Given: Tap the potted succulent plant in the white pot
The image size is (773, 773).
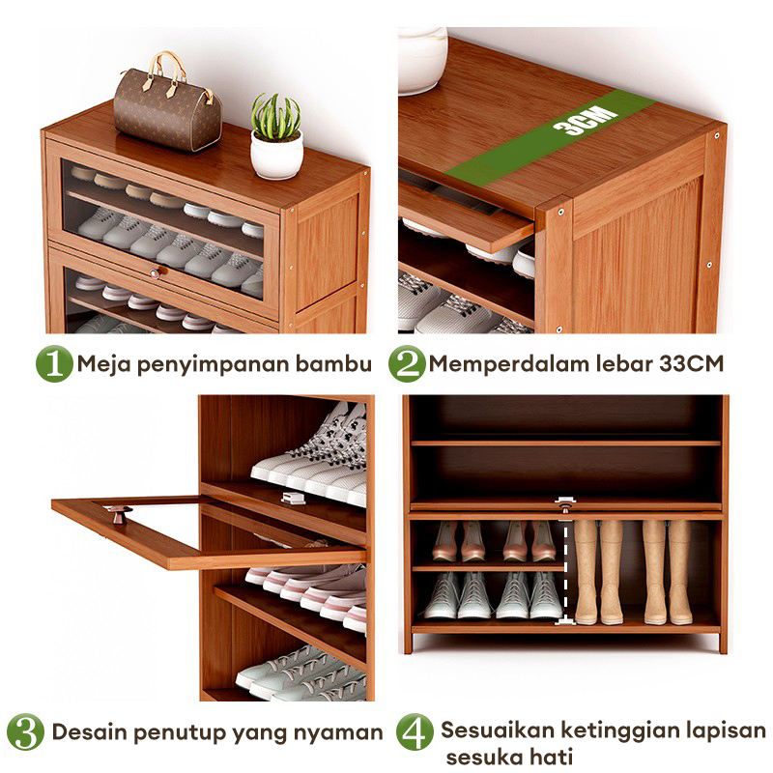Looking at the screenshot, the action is click(276, 136).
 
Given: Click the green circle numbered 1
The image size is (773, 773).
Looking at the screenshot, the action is click(54, 364).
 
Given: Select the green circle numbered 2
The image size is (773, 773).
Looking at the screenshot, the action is click(407, 364).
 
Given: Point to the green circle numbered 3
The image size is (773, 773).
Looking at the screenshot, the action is click(25, 732).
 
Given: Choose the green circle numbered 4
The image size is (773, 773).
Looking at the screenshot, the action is click(415, 732).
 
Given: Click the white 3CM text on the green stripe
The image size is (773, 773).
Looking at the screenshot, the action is click(586, 120).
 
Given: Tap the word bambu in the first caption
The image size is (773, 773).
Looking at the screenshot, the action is click(333, 364).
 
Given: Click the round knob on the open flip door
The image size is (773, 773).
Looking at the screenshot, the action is click(120, 514).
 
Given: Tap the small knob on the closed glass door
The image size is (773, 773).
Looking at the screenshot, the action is click(156, 272).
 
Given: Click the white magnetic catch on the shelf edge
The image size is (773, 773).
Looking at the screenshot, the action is click(294, 498).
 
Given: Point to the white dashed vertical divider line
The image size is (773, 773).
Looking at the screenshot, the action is click(565, 569).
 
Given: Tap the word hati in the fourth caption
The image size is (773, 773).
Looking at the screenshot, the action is click(552, 757).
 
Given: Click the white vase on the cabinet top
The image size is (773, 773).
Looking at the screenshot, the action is click(422, 60).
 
